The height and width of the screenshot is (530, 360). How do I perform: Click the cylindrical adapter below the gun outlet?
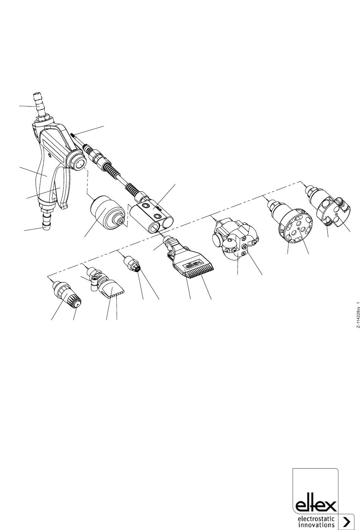(108, 213)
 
